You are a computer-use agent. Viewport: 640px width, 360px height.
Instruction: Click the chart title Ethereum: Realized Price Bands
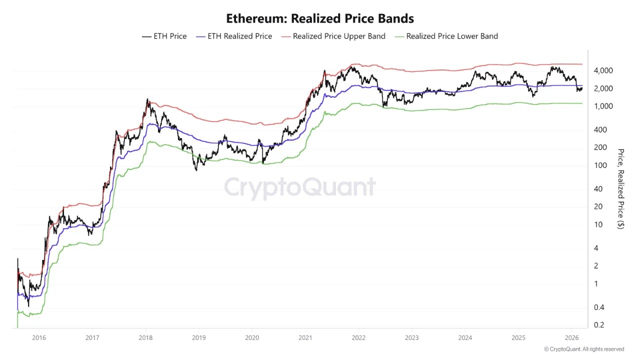coord(320,18)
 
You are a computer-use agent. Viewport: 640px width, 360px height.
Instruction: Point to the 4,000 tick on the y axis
coord(603,71)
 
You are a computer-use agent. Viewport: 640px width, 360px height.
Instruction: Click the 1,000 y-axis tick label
coord(603,106)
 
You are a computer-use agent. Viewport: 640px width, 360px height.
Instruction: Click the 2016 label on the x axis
coord(39,337)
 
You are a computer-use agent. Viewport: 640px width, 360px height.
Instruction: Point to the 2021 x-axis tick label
coord(305,337)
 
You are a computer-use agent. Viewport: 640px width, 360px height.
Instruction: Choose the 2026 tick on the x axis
coord(571,337)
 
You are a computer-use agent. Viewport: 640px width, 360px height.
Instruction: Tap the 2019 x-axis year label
coord(198,337)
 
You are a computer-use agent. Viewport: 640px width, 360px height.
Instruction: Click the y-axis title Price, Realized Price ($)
coord(620,189)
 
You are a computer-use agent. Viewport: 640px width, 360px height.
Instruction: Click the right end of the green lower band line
coord(582,103)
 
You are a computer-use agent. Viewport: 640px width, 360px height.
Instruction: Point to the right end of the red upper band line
coord(582,64)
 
